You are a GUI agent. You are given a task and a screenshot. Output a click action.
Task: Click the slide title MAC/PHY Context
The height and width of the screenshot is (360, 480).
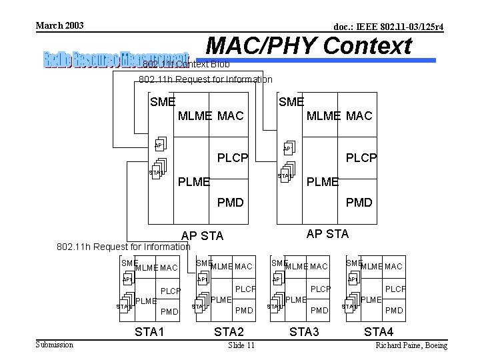tap(309, 46)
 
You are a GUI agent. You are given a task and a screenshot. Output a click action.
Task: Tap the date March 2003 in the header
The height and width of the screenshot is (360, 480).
tap(60, 25)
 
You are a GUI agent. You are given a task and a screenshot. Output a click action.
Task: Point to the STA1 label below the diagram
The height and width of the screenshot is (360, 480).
tap(149, 331)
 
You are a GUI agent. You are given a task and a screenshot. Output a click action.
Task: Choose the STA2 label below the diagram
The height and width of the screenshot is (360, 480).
tap(229, 331)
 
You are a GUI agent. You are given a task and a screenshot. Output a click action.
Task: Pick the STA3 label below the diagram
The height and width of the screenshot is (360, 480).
tap(304, 331)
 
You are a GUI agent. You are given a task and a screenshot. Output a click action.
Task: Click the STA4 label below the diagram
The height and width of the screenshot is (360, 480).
tap(379, 331)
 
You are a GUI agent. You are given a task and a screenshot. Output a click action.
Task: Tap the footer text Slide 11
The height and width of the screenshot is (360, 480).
tap(241, 345)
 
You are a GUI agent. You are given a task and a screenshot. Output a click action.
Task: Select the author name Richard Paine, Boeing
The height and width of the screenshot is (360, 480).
tap(411, 345)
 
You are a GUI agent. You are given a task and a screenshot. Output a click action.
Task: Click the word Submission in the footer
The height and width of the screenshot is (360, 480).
tap(55, 345)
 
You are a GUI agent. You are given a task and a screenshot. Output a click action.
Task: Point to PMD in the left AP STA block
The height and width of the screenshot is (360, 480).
tap(231, 202)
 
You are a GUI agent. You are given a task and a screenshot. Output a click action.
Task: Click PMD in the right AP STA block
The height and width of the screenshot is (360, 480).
tap(359, 202)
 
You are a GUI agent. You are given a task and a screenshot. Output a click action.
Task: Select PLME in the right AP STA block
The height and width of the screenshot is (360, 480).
tap(322, 181)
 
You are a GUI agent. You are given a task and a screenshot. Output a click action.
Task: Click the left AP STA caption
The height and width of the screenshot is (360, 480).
tap(203, 235)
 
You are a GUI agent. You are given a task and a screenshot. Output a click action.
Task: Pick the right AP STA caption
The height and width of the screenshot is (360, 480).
tap(327, 233)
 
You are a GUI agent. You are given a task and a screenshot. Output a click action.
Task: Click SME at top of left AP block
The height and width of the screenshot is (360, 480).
tap(163, 102)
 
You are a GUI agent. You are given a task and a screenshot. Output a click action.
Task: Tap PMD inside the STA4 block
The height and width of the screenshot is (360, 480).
tap(395, 310)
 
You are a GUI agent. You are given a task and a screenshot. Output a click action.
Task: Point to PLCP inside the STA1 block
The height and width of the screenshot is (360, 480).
tap(171, 291)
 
